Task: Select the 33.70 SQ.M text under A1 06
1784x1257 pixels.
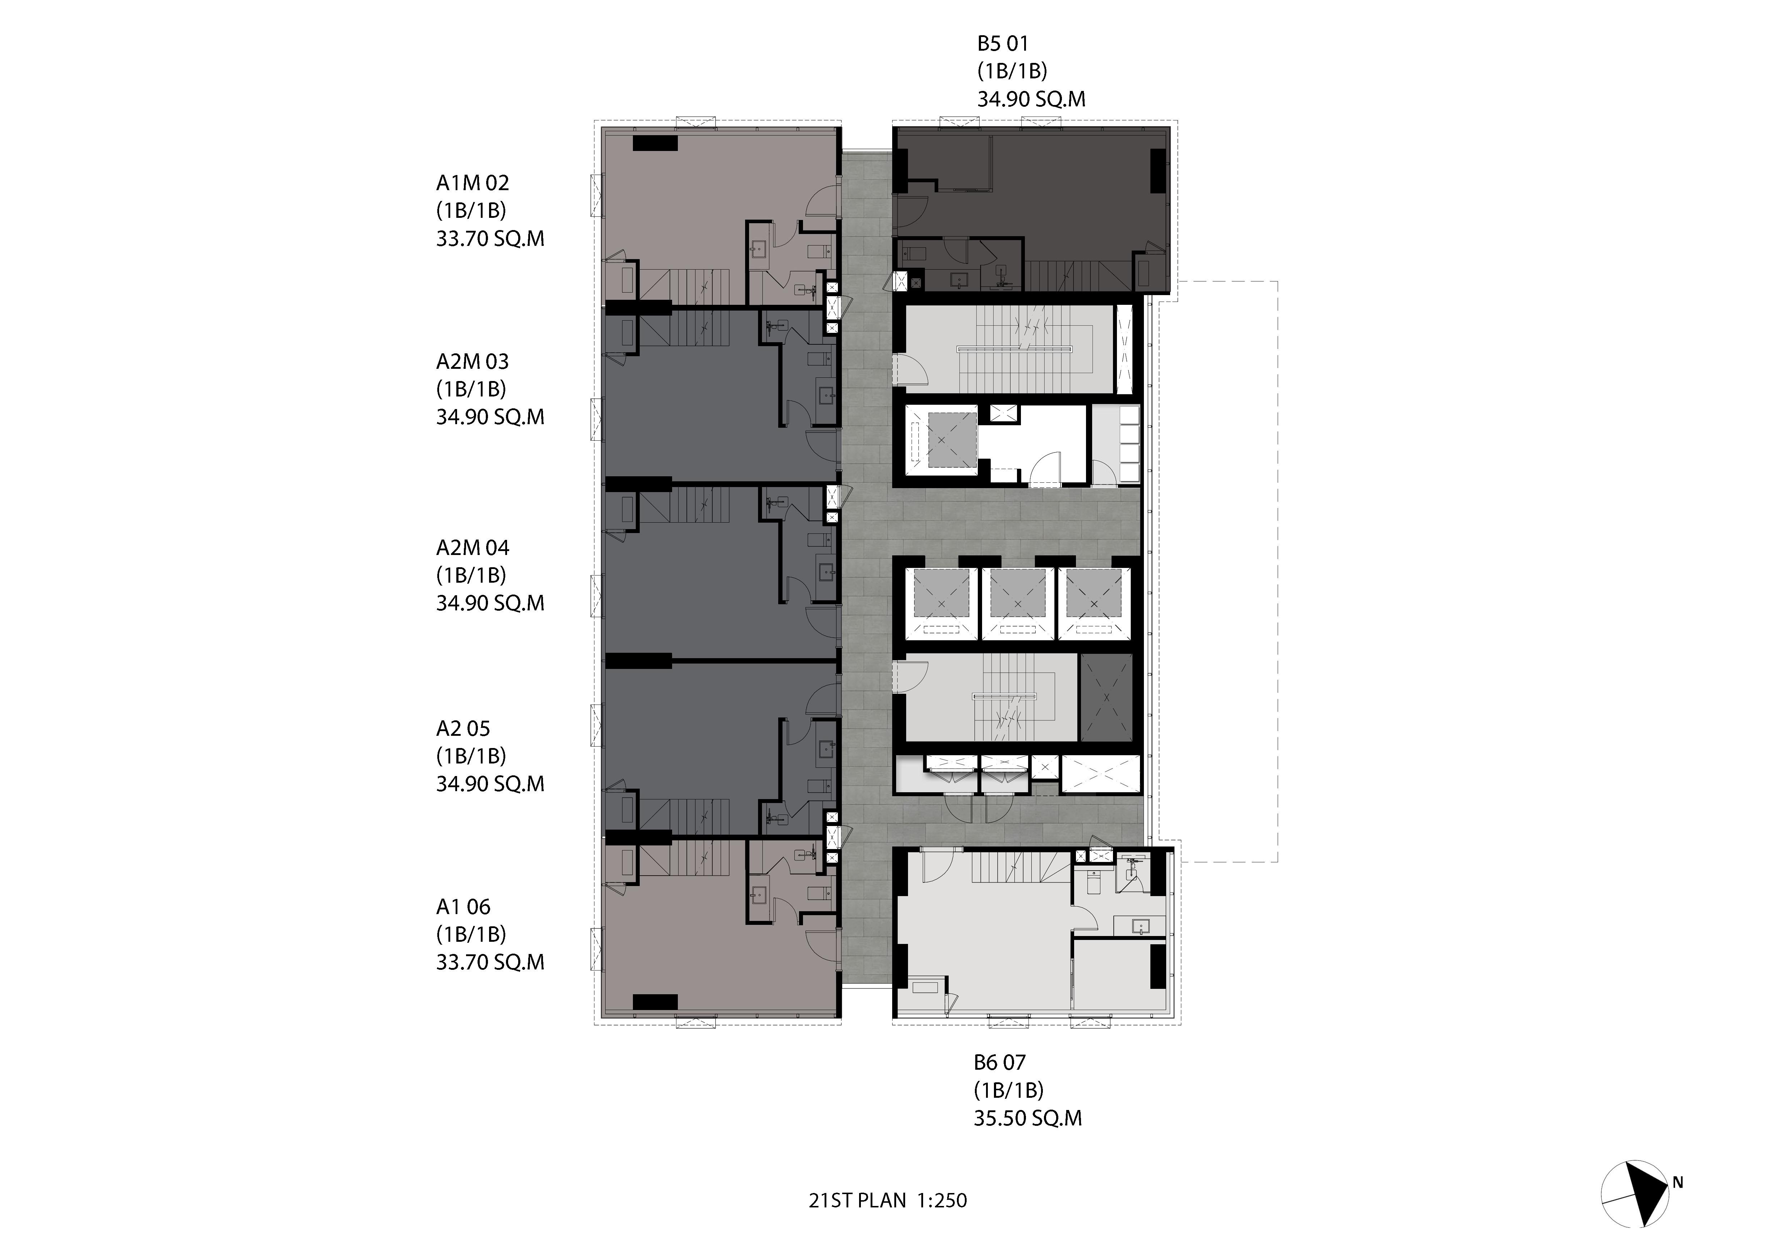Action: point(490,962)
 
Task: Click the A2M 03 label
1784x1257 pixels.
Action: point(473,361)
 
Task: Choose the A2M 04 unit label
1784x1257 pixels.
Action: point(473,548)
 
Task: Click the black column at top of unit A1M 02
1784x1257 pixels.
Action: point(655,143)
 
